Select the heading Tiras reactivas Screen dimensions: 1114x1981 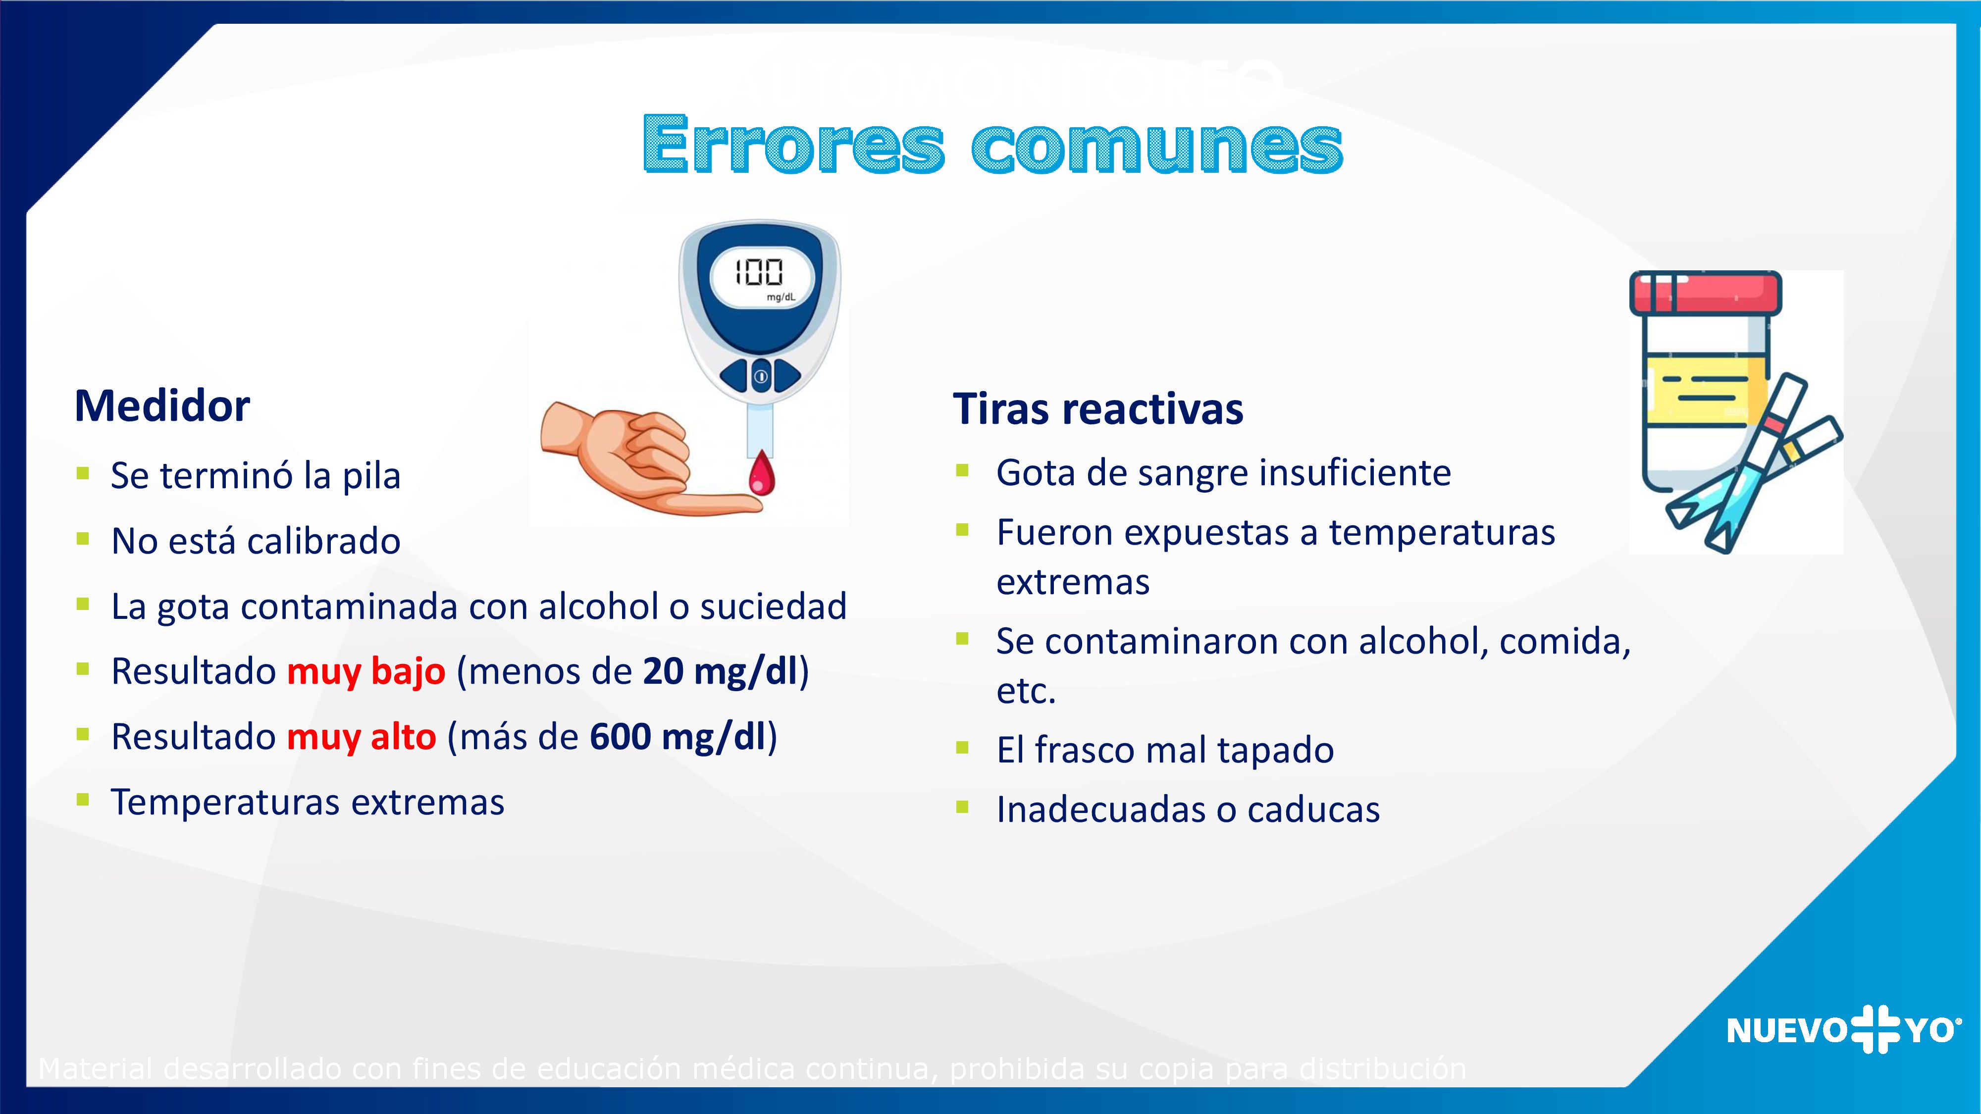pos(1097,408)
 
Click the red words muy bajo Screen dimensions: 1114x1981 pos(366,671)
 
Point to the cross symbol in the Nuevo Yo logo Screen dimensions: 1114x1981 pos(1874,1029)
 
